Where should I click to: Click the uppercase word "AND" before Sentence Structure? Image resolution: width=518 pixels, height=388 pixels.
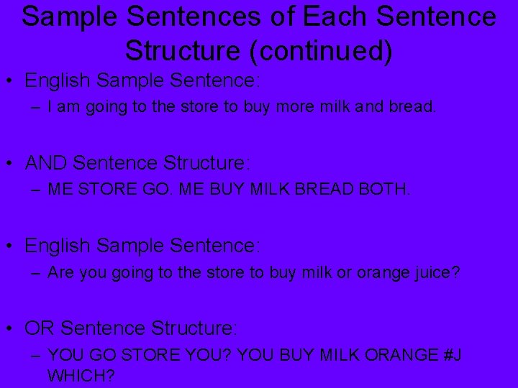[x=47, y=163]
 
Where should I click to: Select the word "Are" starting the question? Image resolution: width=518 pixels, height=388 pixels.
[x=60, y=273]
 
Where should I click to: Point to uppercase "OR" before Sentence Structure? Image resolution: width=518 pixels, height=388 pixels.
[x=40, y=328]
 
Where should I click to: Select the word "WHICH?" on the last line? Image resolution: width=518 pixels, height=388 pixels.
[x=81, y=375]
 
